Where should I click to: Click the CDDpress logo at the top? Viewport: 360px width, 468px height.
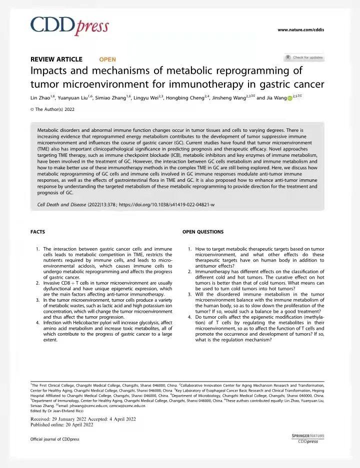69,26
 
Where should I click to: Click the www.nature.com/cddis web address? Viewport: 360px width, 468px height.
300,30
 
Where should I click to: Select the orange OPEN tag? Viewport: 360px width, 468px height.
107,59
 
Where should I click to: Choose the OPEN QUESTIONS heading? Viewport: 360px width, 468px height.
203,232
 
